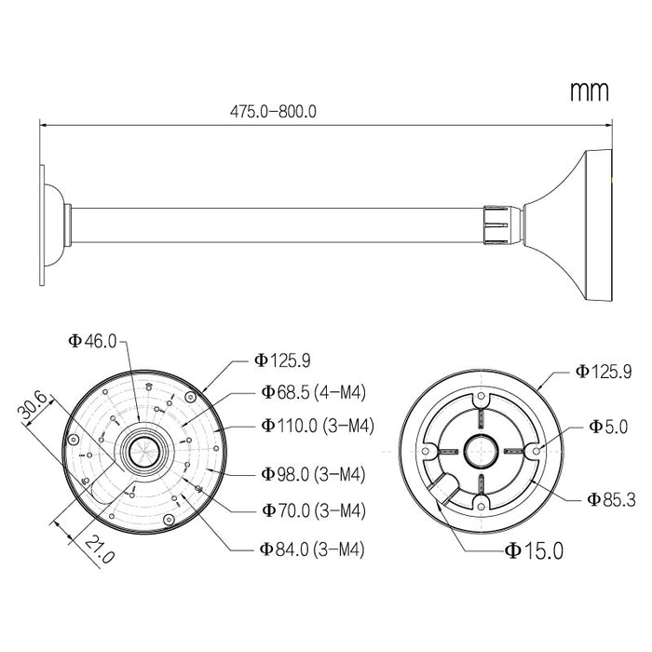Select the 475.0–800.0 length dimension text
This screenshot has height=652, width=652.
pyautogui.click(x=273, y=110)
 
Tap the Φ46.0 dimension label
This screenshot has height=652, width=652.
pyautogui.click(x=92, y=341)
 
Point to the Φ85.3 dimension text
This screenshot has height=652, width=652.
pyautogui.click(x=611, y=499)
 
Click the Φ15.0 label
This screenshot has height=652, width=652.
pyautogui.click(x=534, y=550)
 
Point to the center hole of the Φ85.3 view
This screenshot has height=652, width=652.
pyautogui.click(x=482, y=449)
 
